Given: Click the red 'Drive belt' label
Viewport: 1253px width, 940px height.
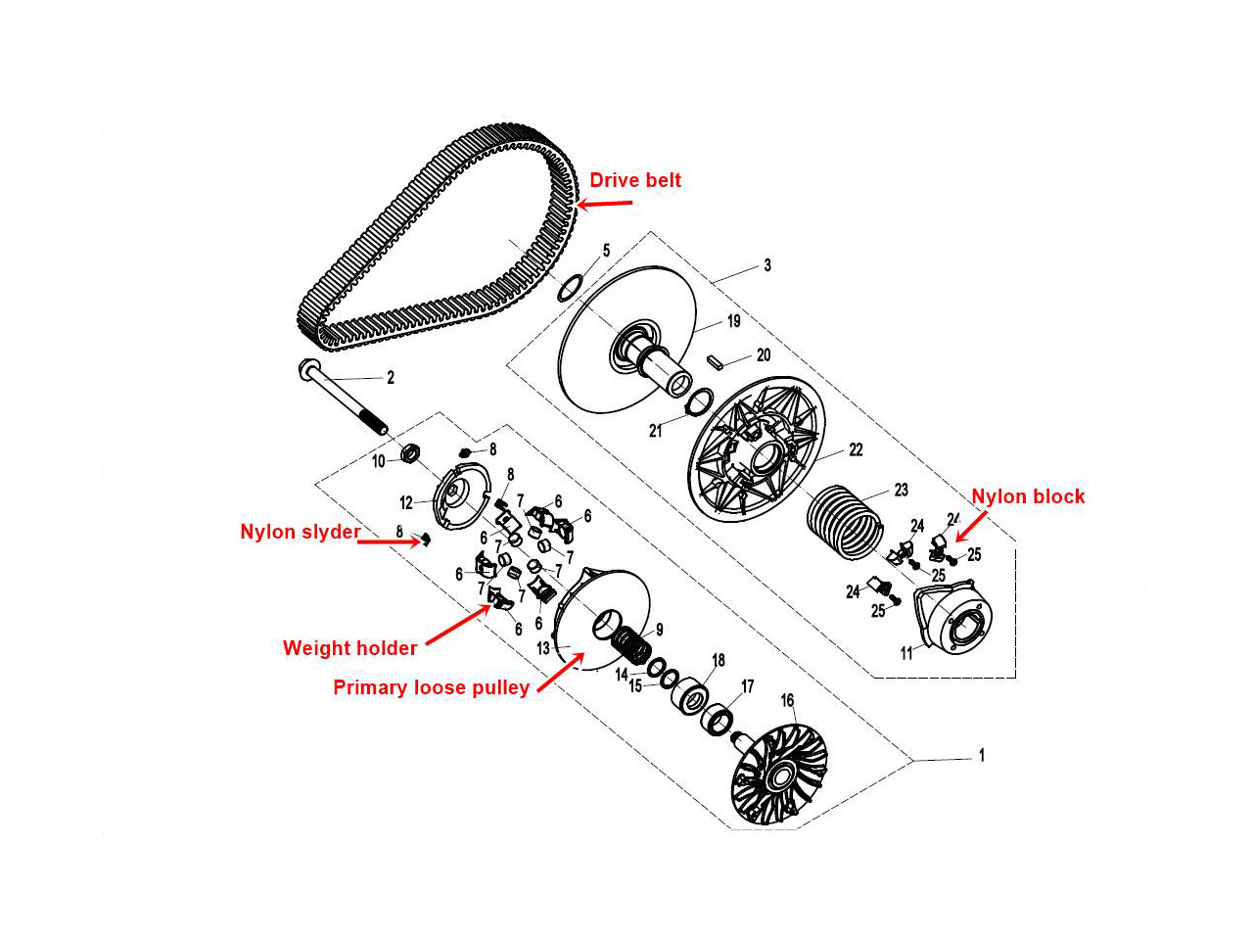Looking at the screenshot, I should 634,180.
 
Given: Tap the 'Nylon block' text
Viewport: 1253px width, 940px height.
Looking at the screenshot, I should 1028,496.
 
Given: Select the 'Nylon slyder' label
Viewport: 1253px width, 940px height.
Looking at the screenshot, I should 300,532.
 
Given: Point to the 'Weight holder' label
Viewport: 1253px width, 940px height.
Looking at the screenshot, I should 349,648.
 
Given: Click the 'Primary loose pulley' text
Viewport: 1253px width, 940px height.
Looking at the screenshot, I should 431,687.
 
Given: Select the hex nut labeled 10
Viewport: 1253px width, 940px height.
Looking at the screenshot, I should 412,453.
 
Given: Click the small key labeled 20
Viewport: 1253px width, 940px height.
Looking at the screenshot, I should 716,360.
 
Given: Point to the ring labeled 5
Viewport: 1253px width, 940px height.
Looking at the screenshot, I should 571,287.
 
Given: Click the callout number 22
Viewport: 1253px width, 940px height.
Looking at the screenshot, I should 856,449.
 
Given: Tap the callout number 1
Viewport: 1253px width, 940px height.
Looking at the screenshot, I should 982,756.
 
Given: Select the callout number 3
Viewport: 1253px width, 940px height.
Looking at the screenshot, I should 767,265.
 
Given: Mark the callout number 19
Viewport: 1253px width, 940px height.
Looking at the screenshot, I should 733,321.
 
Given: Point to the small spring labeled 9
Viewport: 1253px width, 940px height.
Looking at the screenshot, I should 631,645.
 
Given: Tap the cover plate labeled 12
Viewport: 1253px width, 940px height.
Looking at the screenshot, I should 458,499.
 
